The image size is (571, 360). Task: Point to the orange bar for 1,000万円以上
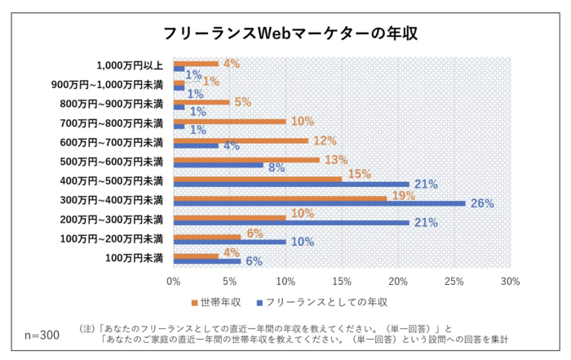(196, 63)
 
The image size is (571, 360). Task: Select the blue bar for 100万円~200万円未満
(229, 242)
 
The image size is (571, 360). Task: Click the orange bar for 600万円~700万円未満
(241, 140)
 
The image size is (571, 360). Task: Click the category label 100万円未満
(133, 258)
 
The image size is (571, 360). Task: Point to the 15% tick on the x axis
(342, 282)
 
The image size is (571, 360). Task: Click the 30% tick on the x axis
(511, 282)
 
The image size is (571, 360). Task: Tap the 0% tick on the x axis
(173, 282)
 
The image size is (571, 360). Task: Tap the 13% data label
(336, 159)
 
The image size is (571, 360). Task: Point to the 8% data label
(277, 168)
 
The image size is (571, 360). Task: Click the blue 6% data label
(255, 262)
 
